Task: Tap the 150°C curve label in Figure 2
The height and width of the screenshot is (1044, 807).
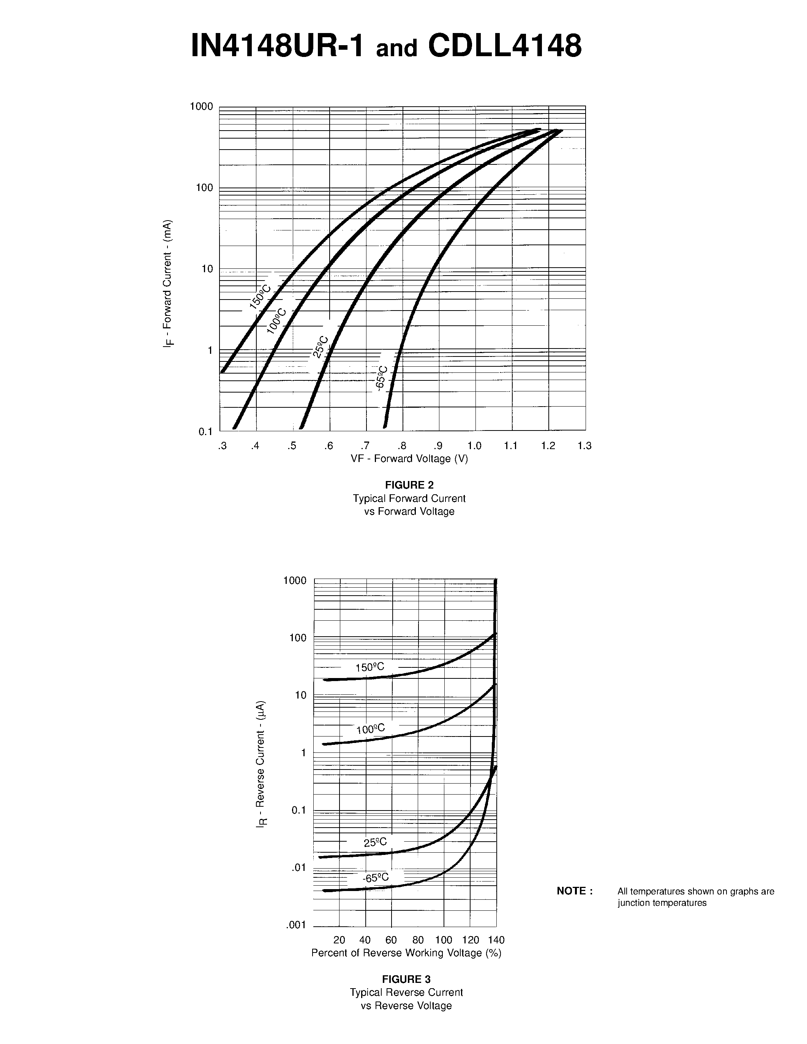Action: (x=260, y=297)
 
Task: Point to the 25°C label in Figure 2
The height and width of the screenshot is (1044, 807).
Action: (x=320, y=347)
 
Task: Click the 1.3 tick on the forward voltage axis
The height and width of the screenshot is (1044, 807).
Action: (x=584, y=446)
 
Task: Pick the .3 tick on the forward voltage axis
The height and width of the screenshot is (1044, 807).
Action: (x=222, y=446)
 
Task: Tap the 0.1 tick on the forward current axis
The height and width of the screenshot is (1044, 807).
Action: (x=205, y=432)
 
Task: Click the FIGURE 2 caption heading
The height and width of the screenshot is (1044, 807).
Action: (x=409, y=485)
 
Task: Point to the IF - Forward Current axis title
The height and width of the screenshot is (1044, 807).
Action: (x=167, y=284)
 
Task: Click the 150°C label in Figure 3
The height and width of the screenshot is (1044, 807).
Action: (x=370, y=667)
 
